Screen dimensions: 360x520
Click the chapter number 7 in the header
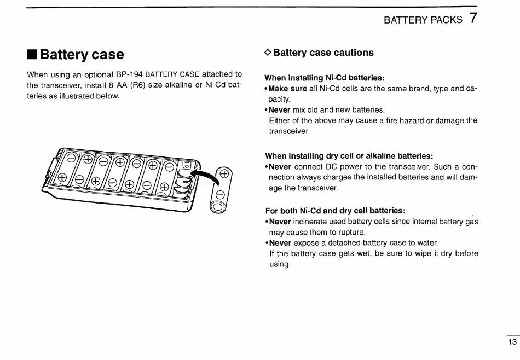(473, 18)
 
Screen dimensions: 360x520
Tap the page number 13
(512, 342)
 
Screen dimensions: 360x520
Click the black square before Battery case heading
(32, 55)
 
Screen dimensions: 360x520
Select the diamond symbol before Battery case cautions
(268, 53)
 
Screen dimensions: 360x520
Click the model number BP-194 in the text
(129, 74)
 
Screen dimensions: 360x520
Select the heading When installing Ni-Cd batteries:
(325, 78)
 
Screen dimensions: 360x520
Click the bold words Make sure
(288, 89)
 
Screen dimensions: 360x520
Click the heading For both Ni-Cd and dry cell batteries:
(335, 211)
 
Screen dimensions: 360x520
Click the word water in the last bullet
(426, 242)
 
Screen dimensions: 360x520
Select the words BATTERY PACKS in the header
(423, 20)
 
